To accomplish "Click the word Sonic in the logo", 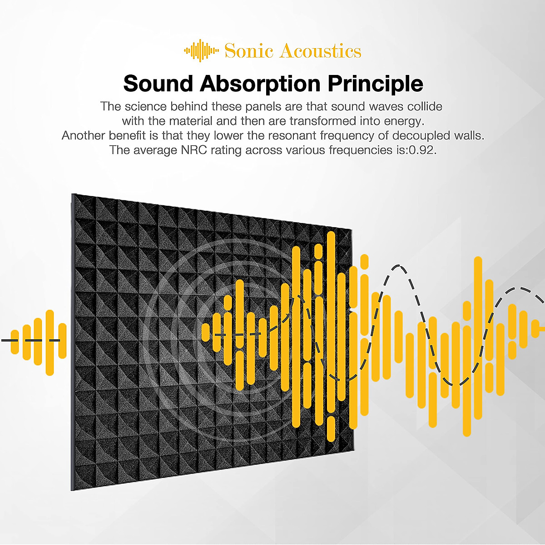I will pyautogui.click(x=249, y=51).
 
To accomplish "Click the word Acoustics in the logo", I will pyautogui.click(x=320, y=51).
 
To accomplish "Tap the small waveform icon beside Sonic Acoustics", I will pyautogui.click(x=201, y=51).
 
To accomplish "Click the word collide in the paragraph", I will pyautogui.click(x=424, y=106).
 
